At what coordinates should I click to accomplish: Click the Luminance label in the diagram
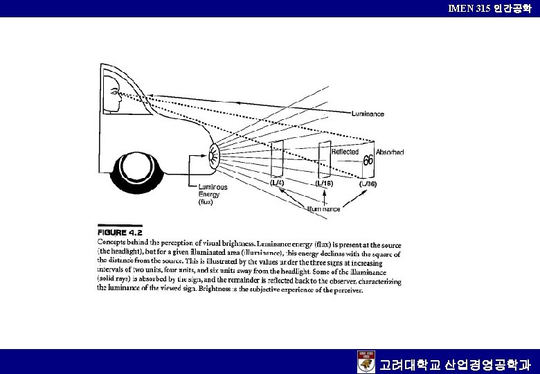(368, 114)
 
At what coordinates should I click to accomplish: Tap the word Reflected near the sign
(344, 152)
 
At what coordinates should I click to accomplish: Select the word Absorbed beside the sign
(390, 152)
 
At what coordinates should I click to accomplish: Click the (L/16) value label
(325, 184)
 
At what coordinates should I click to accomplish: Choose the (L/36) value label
(367, 184)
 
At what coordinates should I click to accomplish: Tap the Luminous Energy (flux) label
(213, 195)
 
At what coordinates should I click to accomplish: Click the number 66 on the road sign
(368, 161)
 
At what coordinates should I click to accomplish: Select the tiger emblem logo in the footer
(366, 362)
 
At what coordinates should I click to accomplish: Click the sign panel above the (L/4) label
(277, 159)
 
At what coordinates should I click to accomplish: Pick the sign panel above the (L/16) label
(323, 160)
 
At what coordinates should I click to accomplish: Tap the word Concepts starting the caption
(111, 243)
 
